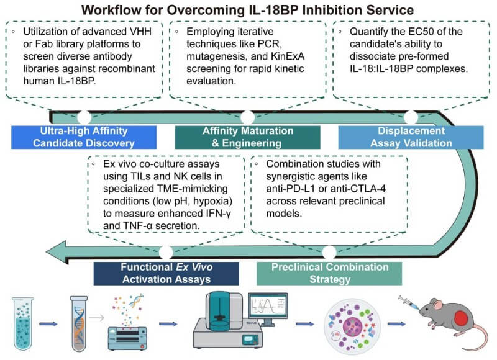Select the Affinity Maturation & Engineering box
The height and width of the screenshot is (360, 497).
tap(247, 137)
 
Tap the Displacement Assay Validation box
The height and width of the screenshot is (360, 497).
tap(411, 137)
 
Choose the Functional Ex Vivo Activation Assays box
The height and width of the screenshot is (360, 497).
tap(166, 273)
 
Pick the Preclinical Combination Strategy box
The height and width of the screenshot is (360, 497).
tap(329, 273)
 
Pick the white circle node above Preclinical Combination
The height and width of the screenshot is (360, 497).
tap(329, 252)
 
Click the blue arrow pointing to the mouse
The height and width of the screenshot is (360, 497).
tap(395, 323)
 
